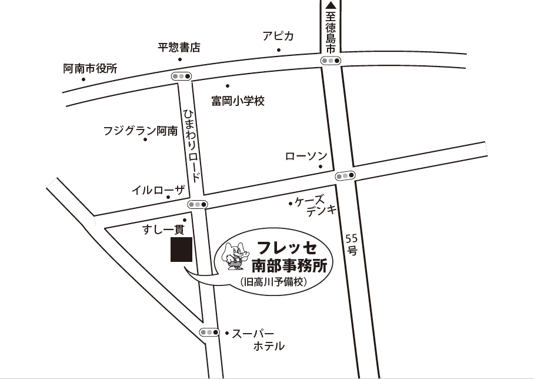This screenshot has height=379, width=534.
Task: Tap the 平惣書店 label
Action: click(179, 48)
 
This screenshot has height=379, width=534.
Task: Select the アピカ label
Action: click(278, 36)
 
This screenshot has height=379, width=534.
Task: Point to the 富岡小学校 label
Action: click(238, 101)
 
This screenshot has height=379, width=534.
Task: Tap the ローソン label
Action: click(306, 156)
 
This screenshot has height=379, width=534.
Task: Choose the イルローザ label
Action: click(158, 190)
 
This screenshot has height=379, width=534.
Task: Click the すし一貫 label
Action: click(163, 230)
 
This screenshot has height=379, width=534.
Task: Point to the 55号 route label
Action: click(352, 244)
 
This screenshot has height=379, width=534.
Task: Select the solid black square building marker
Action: click(182, 250)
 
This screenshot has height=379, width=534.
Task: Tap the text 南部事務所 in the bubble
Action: click(289, 264)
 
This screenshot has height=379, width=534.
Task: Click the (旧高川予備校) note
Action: click(273, 282)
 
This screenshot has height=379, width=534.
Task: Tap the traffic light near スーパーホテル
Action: click(209, 333)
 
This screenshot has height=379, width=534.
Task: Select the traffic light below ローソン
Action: click(345, 175)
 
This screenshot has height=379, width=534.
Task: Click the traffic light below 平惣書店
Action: click(181, 76)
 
